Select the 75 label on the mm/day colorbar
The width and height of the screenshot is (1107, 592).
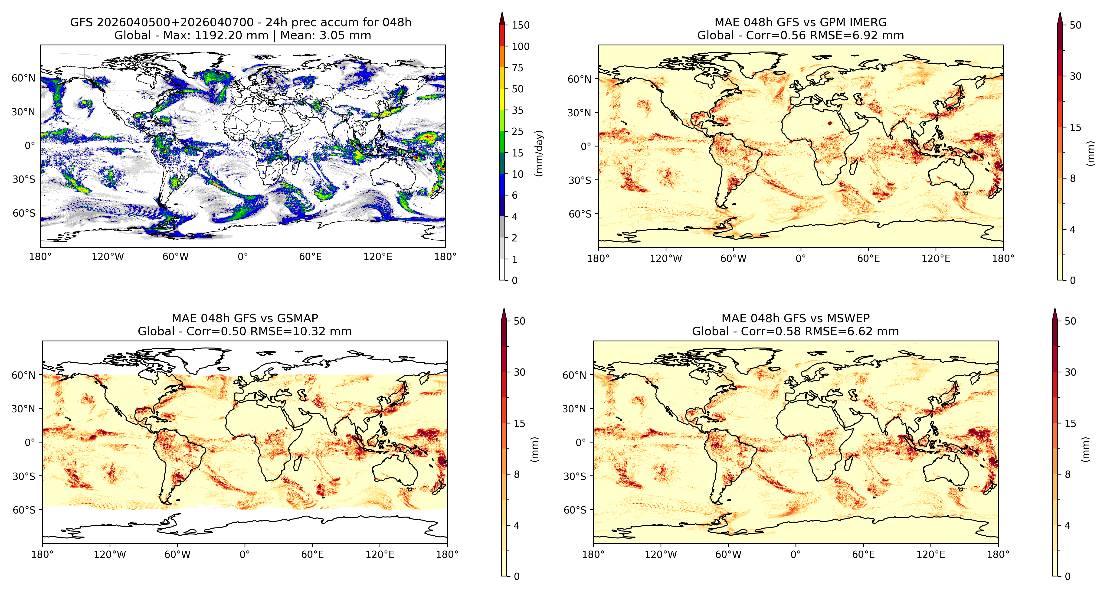coord(517,68)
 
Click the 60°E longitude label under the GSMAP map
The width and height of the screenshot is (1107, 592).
coord(312,554)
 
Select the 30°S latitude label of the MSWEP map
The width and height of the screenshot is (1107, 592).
coord(575,476)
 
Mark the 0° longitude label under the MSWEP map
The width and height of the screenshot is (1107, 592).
coord(796,554)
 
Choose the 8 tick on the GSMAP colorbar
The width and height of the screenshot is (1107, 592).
coord(517,474)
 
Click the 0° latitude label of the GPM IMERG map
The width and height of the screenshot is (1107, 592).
coord(586,146)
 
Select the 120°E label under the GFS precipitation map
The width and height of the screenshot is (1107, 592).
coord(378,257)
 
